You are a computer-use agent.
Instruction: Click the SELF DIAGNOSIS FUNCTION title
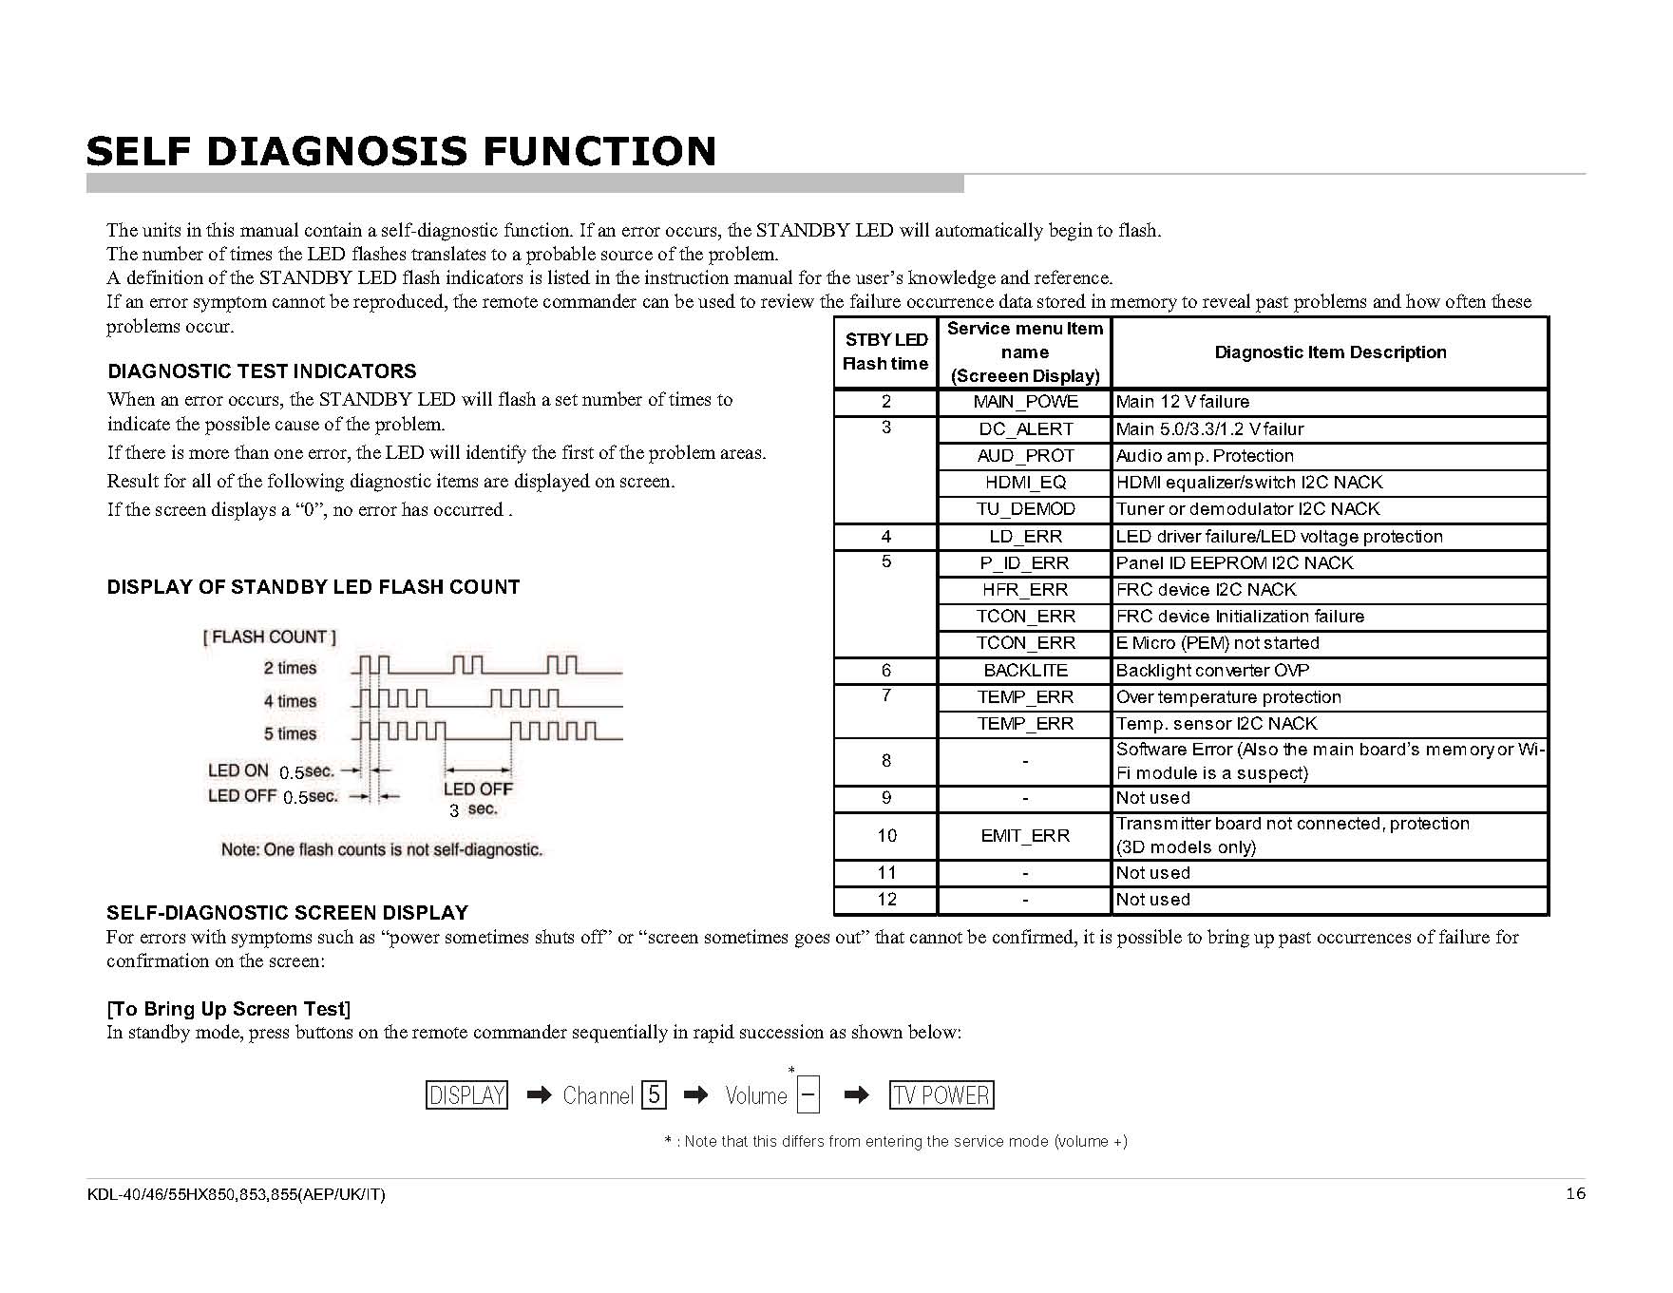click(x=401, y=152)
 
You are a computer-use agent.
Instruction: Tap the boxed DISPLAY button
click(x=466, y=1095)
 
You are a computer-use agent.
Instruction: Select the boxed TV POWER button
click(x=941, y=1095)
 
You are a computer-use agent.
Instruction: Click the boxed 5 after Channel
click(x=654, y=1095)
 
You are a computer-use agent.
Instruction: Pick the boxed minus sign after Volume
click(x=808, y=1094)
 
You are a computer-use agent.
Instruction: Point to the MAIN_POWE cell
click(x=1025, y=402)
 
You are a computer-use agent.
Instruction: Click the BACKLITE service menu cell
click(x=1025, y=671)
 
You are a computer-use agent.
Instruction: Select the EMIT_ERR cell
click(x=1025, y=836)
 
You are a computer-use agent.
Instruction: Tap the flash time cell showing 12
click(x=886, y=900)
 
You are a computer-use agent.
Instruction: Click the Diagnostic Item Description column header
click(x=1330, y=352)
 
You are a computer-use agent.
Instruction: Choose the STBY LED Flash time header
click(x=885, y=352)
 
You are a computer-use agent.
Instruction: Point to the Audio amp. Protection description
click(x=1205, y=456)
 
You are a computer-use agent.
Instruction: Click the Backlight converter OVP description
click(x=1212, y=671)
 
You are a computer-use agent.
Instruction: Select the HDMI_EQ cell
click(x=1025, y=483)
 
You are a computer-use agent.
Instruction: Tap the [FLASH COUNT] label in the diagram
click(x=270, y=637)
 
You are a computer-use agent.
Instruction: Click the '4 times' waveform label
click(x=291, y=701)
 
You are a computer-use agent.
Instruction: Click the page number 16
click(x=1575, y=1194)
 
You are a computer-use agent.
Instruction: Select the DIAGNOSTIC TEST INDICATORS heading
click(x=262, y=371)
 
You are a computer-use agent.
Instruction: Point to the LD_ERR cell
click(x=1025, y=537)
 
